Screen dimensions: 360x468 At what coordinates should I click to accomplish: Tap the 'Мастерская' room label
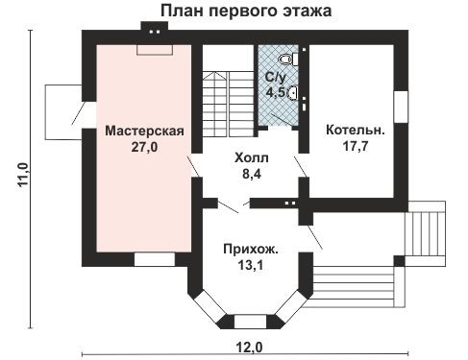click(x=144, y=132)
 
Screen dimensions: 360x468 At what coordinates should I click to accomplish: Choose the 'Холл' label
click(x=252, y=157)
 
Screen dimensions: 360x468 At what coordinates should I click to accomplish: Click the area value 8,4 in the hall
click(x=252, y=174)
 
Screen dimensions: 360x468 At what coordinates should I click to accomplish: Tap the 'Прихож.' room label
click(x=253, y=249)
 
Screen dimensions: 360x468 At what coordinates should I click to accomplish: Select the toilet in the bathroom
click(x=297, y=59)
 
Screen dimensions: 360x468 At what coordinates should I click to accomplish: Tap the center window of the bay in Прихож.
click(x=252, y=322)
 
